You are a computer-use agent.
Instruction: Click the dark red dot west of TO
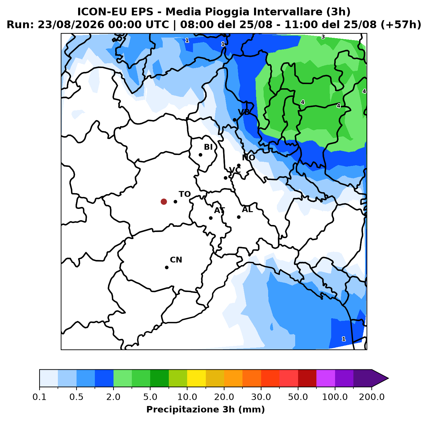click(x=164, y=202)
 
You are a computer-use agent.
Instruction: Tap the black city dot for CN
click(x=167, y=267)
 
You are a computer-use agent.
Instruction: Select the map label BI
click(x=208, y=147)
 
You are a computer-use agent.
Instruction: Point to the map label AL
click(x=247, y=209)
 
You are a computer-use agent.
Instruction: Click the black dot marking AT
click(x=211, y=218)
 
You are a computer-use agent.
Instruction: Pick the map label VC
click(x=234, y=170)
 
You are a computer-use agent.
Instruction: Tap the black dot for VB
click(x=234, y=120)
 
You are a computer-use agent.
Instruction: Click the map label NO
click(x=248, y=158)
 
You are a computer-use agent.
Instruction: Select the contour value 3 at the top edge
click(x=323, y=37)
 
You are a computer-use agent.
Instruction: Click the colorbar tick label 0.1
click(x=40, y=397)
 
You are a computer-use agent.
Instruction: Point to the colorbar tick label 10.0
click(x=187, y=397)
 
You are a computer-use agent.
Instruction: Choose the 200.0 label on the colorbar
click(x=372, y=397)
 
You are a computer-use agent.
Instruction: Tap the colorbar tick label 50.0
click(x=298, y=397)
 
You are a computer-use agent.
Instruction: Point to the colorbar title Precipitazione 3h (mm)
click(x=205, y=409)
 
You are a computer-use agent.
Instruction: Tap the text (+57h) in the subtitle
click(x=401, y=25)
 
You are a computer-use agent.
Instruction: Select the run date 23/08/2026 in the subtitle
click(x=71, y=25)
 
